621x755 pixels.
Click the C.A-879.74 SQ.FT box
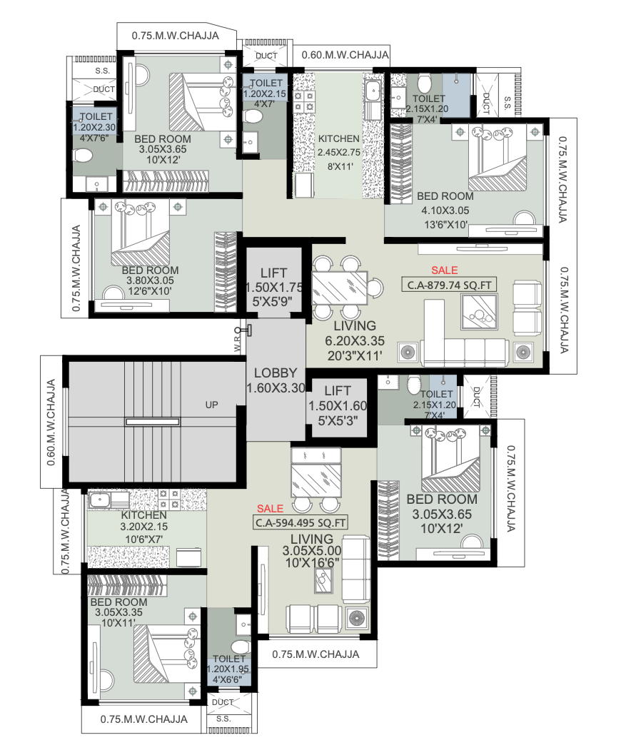click(448, 285)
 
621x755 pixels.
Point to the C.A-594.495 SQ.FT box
click(301, 522)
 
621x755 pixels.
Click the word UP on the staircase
click(211, 405)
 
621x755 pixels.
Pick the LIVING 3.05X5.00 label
click(311, 550)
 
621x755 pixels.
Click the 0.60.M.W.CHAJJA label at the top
click(345, 55)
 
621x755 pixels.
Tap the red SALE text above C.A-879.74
click(444, 270)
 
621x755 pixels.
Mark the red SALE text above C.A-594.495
click(270, 509)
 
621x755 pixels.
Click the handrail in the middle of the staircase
click(152, 422)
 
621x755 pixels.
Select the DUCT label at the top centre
click(266, 55)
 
